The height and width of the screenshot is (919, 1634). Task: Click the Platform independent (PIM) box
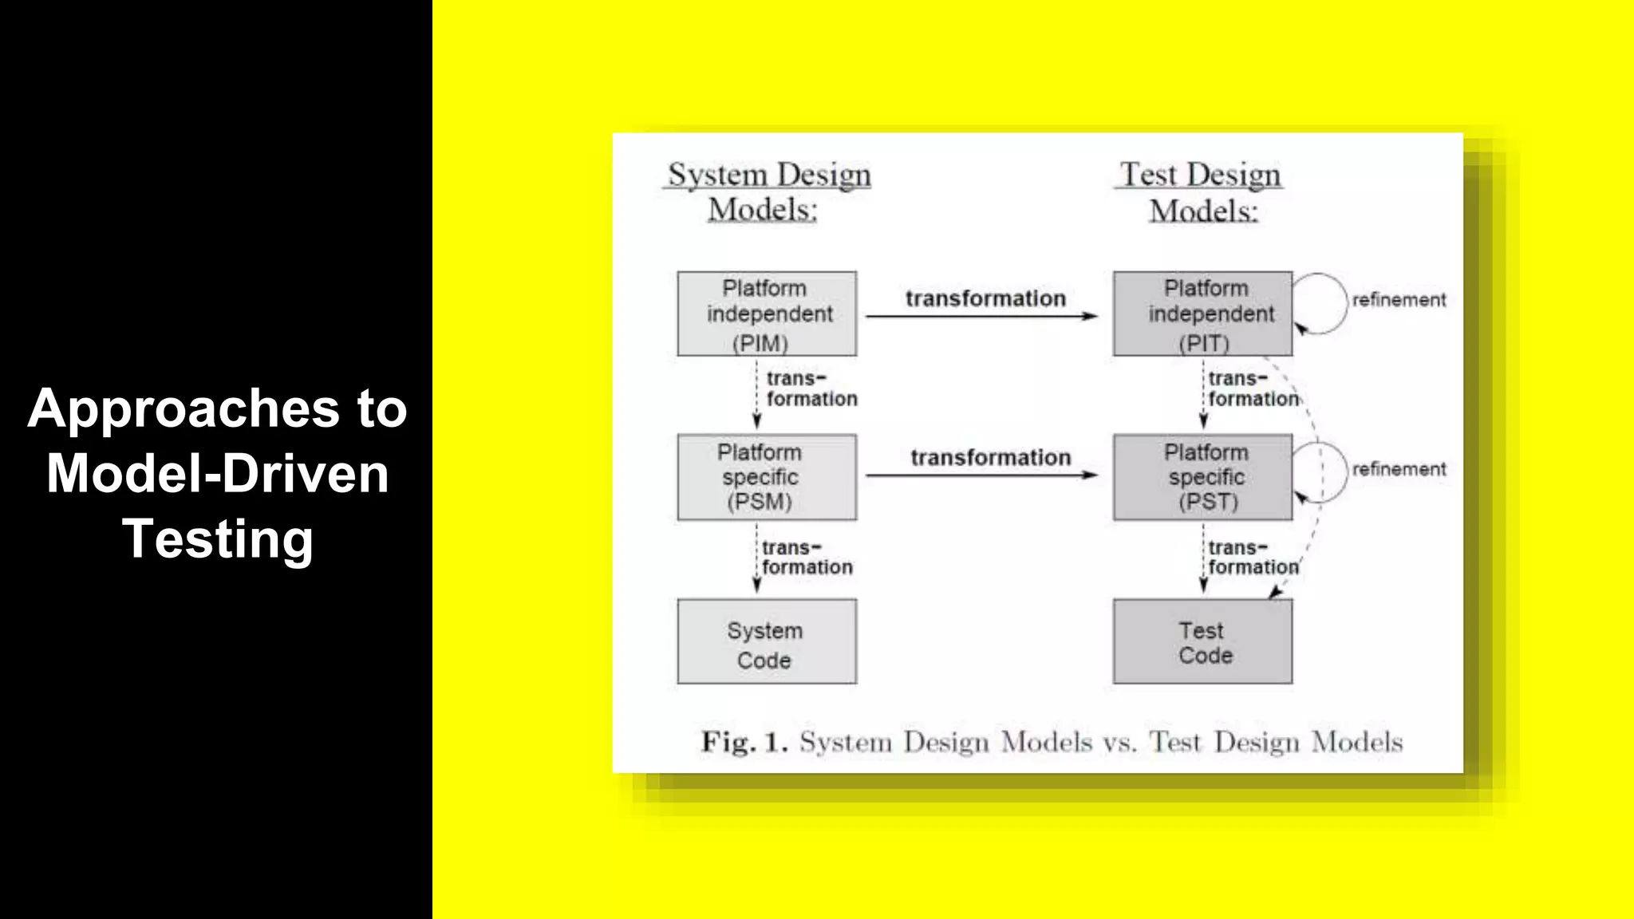point(767,314)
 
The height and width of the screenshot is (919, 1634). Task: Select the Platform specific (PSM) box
point(767,477)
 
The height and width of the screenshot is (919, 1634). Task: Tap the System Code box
point(767,641)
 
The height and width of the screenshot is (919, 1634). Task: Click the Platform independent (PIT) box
point(1202,314)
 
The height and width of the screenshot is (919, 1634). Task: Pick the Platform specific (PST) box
point(1202,477)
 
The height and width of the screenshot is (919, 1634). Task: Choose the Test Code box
point(1202,641)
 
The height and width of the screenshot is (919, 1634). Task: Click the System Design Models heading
point(768,191)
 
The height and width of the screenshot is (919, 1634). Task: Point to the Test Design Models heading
point(1201,191)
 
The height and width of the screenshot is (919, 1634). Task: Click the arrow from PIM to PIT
point(981,317)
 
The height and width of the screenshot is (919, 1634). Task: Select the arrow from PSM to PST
point(981,475)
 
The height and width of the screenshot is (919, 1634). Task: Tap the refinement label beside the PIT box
point(1399,300)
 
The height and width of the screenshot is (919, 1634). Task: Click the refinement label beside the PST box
point(1399,469)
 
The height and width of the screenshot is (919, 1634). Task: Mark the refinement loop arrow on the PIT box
point(1321,303)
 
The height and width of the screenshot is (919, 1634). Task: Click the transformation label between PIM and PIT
point(985,298)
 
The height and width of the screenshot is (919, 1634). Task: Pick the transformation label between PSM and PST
point(990,457)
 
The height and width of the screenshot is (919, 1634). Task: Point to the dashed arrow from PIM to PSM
point(756,394)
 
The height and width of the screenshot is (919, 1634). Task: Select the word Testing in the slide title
point(217,538)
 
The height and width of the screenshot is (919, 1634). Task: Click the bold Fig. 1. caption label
point(744,742)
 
